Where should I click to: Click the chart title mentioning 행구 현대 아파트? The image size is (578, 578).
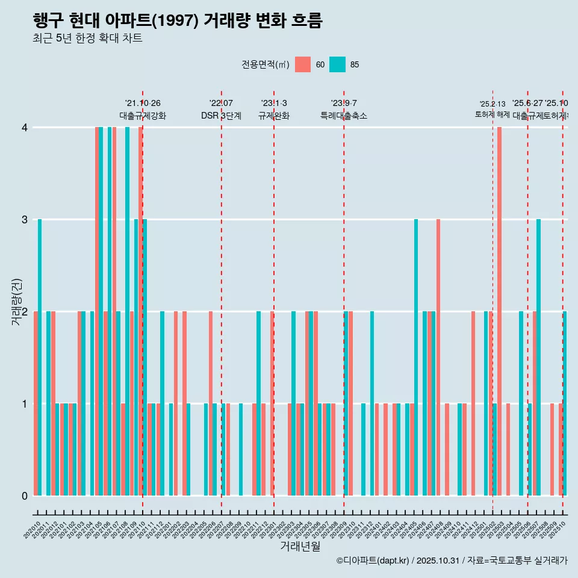click(178, 20)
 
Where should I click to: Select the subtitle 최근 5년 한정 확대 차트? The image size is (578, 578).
click(87, 39)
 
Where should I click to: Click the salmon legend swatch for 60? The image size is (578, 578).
click(303, 64)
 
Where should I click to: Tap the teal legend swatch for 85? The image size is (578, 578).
click(338, 64)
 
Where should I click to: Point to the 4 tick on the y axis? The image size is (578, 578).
click(25, 128)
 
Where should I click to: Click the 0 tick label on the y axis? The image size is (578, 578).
click(25, 496)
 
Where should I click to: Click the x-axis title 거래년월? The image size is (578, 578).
click(300, 546)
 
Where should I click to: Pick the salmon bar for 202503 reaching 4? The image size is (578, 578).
click(500, 311)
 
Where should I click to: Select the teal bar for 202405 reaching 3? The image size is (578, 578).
click(416, 357)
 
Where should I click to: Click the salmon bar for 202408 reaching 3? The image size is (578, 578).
click(438, 357)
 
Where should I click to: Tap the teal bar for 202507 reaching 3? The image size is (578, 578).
click(539, 357)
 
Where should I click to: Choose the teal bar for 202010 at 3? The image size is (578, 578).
click(40, 357)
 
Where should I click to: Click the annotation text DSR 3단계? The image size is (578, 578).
click(221, 116)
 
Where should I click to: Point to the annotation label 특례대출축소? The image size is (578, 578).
click(343, 116)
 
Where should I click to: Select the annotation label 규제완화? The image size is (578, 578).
click(274, 116)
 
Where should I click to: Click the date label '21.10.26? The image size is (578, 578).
click(143, 104)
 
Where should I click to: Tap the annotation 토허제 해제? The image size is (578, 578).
click(493, 114)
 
